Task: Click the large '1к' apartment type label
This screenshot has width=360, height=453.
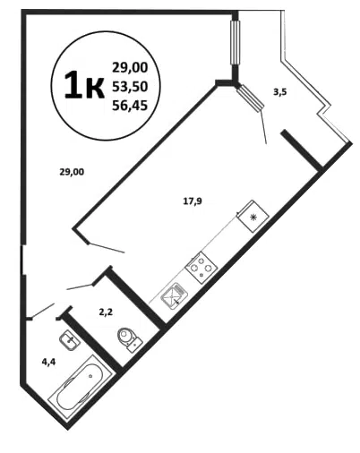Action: [84, 86]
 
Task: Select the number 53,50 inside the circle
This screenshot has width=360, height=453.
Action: [130, 87]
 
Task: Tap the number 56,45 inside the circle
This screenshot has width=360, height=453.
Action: [130, 105]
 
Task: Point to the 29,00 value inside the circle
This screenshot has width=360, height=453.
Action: [130, 68]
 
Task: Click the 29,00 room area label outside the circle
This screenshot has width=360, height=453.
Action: [72, 172]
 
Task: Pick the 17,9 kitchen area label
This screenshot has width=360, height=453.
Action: [193, 201]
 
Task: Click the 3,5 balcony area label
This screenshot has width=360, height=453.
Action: [280, 92]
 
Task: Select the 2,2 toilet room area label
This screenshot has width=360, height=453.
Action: [106, 312]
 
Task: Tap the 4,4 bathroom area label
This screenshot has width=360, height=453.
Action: [48, 362]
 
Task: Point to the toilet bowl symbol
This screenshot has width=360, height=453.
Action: [129, 339]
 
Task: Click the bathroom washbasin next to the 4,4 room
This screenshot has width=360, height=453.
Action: [70, 340]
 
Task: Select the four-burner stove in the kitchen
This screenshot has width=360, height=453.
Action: [201, 268]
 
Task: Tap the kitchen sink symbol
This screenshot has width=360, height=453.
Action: [174, 295]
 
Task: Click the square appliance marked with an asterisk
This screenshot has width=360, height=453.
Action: [253, 216]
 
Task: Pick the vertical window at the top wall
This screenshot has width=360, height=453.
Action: [236, 42]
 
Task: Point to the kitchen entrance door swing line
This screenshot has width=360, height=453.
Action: [107, 248]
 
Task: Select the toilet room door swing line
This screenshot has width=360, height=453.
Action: [80, 287]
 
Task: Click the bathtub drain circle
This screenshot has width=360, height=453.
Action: [90, 376]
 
